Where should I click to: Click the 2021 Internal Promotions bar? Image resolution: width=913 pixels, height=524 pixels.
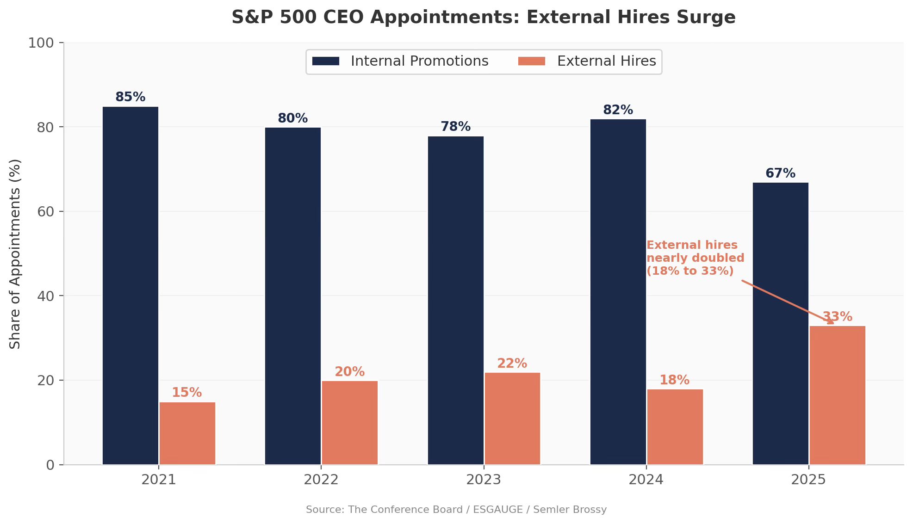click(x=130, y=285)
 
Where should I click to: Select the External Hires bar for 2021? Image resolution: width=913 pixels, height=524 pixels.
click(x=187, y=433)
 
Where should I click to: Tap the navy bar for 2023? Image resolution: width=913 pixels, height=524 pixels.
click(x=456, y=300)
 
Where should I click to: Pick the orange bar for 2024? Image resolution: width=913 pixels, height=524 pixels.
click(x=675, y=427)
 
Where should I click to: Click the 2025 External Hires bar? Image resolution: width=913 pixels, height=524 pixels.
click(x=838, y=395)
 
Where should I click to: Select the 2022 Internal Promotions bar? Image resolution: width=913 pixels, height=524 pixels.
click(x=293, y=296)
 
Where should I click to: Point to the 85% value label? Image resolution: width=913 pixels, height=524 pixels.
click(x=130, y=97)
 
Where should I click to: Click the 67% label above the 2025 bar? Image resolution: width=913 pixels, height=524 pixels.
click(x=781, y=173)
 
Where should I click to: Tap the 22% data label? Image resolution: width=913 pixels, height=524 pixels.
click(x=512, y=364)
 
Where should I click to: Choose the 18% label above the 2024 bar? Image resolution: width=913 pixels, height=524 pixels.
click(x=675, y=380)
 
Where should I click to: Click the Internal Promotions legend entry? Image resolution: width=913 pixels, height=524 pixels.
click(x=400, y=61)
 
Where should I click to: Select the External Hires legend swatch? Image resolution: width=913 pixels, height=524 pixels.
click(x=532, y=61)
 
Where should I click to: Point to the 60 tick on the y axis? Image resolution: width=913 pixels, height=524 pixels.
click(x=46, y=211)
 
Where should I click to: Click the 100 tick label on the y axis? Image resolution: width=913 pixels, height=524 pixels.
click(x=41, y=43)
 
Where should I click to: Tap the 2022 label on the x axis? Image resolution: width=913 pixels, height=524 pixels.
click(x=321, y=480)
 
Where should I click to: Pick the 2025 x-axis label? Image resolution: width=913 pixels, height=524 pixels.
click(x=808, y=480)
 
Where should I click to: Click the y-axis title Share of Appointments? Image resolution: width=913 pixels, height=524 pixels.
click(x=15, y=254)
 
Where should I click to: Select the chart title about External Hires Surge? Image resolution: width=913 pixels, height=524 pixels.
click(x=484, y=18)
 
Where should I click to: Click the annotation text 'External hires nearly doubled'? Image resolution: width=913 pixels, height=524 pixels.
click(x=696, y=252)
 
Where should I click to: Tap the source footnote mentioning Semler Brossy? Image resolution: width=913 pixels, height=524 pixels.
click(x=456, y=510)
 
